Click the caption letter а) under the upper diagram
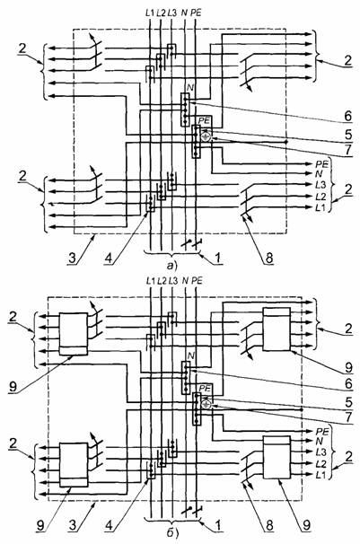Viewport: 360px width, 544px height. (x=171, y=266)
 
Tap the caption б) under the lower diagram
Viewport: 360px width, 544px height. (x=172, y=533)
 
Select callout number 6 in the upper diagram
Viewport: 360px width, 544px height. (x=347, y=116)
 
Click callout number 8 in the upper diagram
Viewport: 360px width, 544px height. (x=269, y=258)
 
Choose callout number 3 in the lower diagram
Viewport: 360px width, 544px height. (x=73, y=525)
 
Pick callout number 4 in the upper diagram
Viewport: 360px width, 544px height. (x=109, y=258)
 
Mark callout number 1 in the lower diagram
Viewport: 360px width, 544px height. (x=218, y=525)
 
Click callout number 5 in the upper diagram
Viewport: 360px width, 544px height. (x=347, y=134)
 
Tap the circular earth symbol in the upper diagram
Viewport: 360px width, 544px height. (x=206, y=136)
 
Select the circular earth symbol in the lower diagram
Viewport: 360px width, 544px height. (x=206, y=404)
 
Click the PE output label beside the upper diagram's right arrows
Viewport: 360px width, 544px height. (x=321, y=163)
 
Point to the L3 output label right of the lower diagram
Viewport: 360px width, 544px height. (x=320, y=452)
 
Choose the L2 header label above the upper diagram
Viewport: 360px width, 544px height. (x=161, y=13)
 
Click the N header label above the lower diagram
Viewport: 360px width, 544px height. (x=185, y=280)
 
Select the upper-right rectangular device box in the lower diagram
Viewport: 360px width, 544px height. (x=277, y=329)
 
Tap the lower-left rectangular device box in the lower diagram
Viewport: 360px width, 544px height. (x=74, y=465)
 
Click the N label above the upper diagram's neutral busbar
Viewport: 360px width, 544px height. (x=190, y=88)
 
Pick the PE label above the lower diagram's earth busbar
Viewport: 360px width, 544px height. (x=205, y=388)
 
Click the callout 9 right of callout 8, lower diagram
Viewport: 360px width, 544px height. (x=307, y=525)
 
